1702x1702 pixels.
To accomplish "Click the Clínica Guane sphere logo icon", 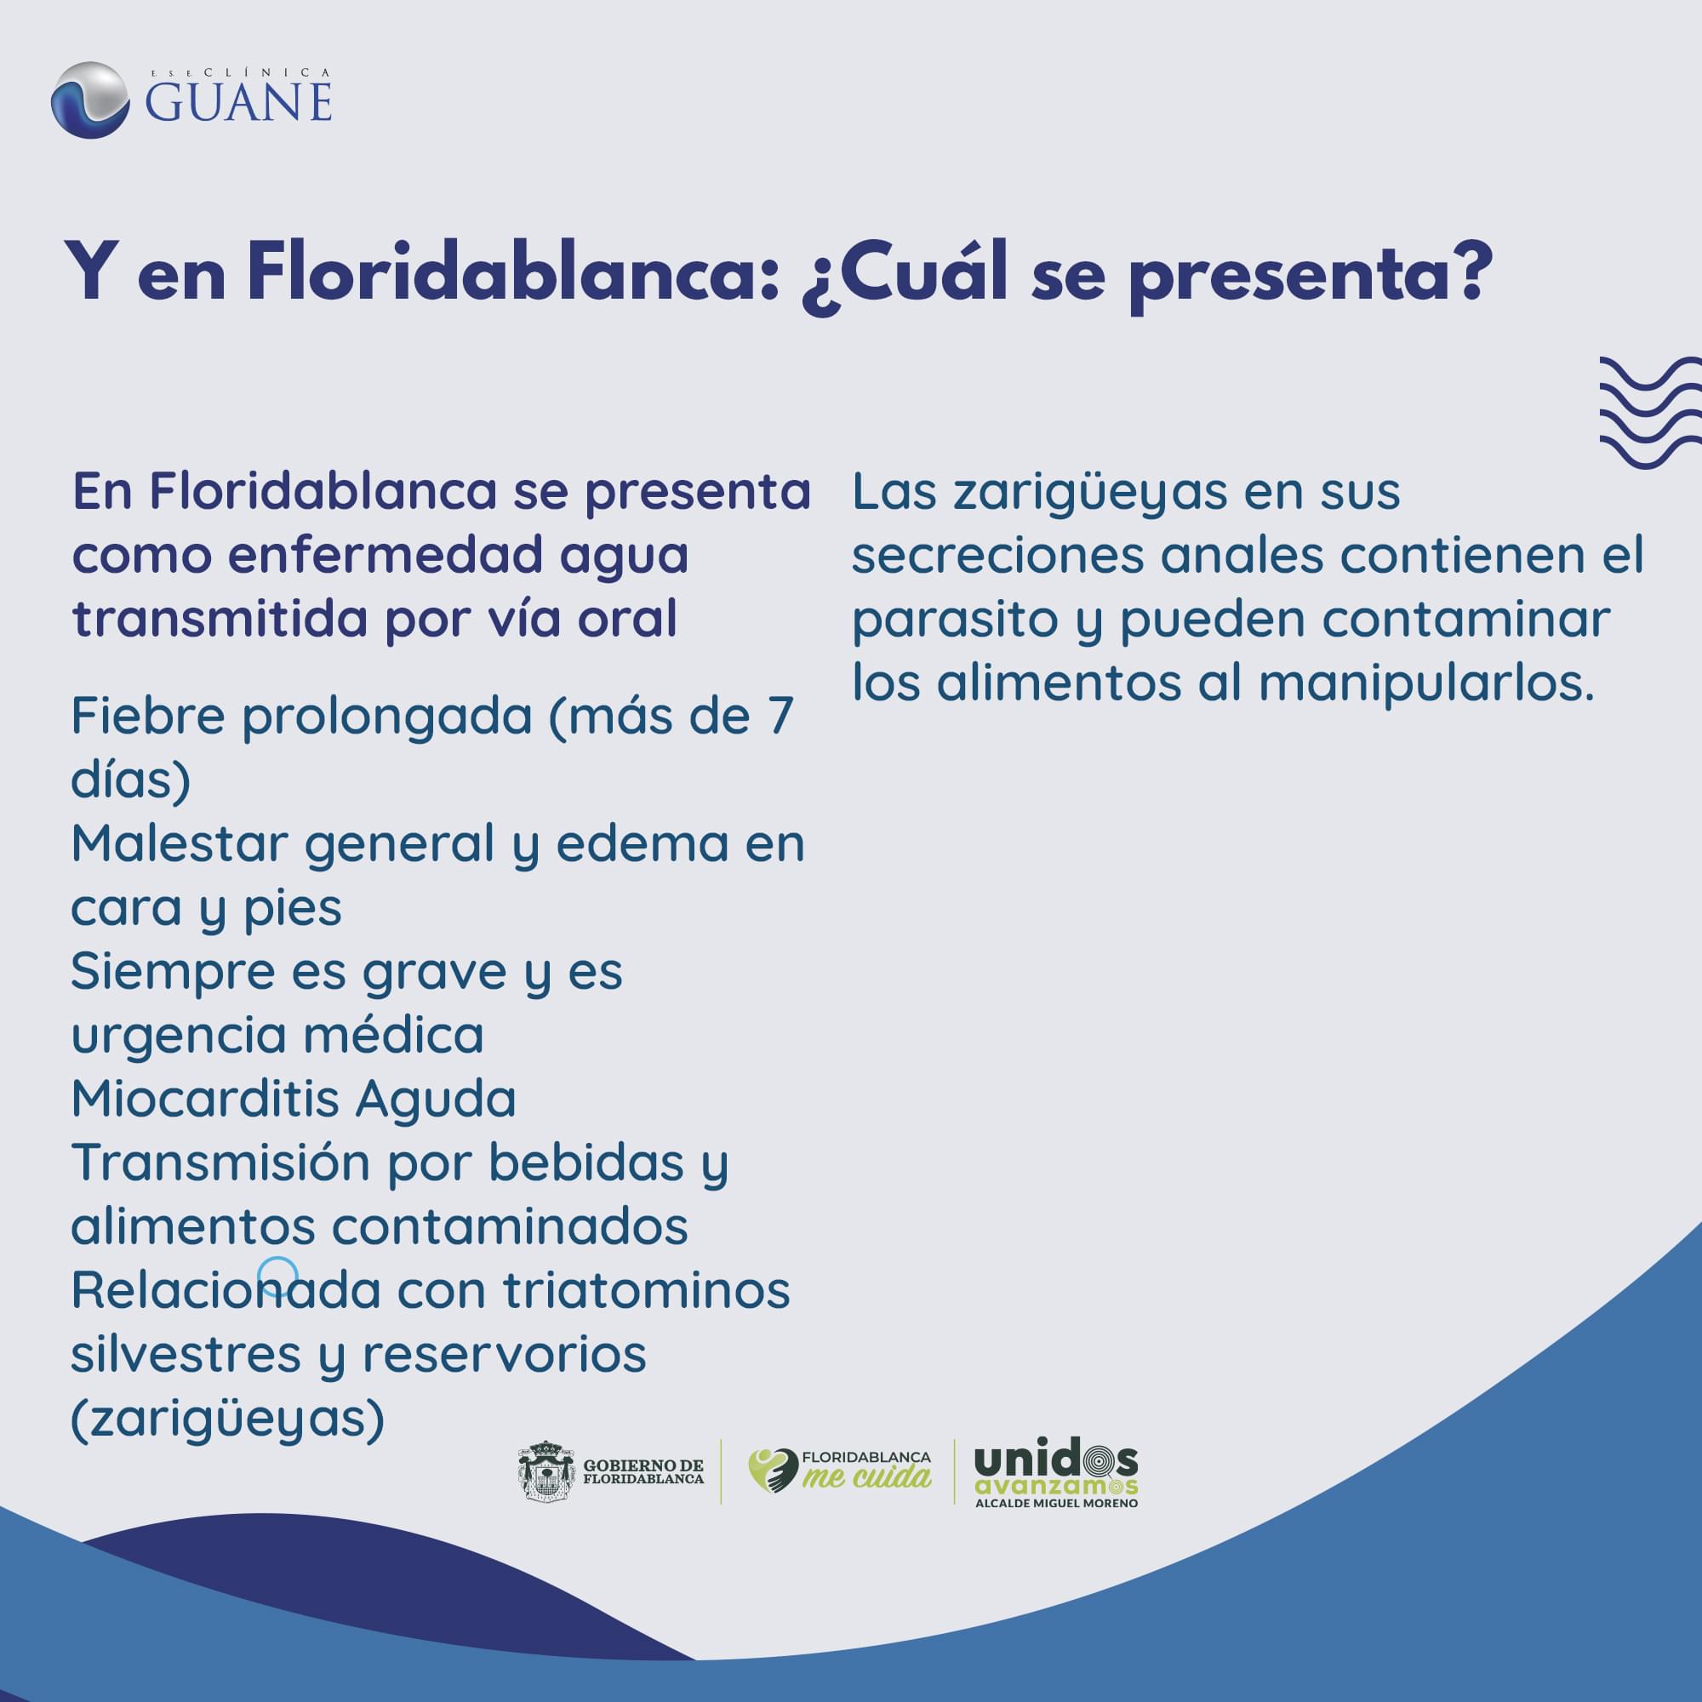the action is [90, 100].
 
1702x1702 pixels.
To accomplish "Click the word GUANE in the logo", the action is [239, 102].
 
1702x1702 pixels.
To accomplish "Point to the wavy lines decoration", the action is [1650, 411].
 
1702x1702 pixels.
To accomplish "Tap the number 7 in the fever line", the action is [780, 717].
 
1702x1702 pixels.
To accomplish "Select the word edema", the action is [643, 843].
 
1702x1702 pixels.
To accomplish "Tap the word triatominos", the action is [647, 1290].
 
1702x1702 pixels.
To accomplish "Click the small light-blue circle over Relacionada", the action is [277, 1276].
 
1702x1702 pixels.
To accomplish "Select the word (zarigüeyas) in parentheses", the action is [228, 1419].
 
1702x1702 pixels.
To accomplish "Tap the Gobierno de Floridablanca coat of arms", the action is [546, 1471].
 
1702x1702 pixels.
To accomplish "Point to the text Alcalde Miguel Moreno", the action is [1056, 1503].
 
